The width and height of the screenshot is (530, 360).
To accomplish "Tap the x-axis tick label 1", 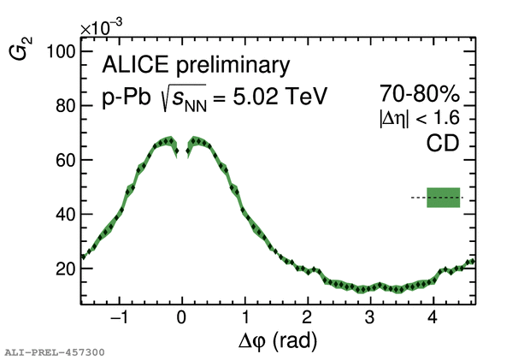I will coord(244,318).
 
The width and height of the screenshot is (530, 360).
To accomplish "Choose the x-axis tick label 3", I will coord(369,318).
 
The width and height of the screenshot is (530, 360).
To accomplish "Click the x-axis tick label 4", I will coord(433,318).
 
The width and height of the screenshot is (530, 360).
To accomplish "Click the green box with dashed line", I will coord(444,198).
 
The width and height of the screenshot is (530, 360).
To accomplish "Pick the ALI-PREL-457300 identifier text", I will coord(55,351).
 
